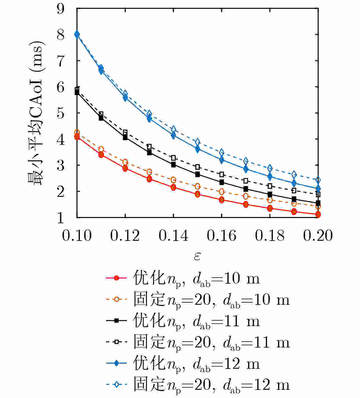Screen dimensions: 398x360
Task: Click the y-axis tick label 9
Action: point(61,9)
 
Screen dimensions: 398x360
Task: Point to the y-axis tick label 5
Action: point(61,113)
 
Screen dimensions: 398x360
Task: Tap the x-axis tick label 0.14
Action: point(173,236)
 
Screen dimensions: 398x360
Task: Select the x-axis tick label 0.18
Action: point(270,236)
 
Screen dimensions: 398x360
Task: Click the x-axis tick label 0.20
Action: point(318,236)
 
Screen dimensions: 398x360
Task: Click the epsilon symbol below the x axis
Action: point(197,256)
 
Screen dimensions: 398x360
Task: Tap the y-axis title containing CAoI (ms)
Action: point(37,113)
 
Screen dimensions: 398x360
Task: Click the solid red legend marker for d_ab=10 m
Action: point(116,278)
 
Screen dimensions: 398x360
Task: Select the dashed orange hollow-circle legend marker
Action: point(116,300)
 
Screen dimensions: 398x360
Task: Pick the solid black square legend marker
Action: point(116,321)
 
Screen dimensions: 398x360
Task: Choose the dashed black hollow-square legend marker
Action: point(116,342)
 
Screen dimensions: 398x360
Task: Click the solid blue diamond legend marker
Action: point(116,363)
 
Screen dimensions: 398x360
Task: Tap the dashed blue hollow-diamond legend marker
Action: point(116,385)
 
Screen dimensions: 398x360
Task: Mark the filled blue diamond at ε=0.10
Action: point(77,34)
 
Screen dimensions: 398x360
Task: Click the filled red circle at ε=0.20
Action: point(318,215)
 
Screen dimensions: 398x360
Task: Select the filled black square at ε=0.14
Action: point(173,165)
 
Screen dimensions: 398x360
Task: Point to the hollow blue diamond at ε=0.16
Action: point(222,152)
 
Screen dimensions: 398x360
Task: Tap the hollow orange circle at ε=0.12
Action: point(125,162)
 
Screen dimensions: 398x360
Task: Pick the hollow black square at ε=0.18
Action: point(270,186)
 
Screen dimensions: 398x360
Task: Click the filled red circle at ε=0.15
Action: point(198,194)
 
